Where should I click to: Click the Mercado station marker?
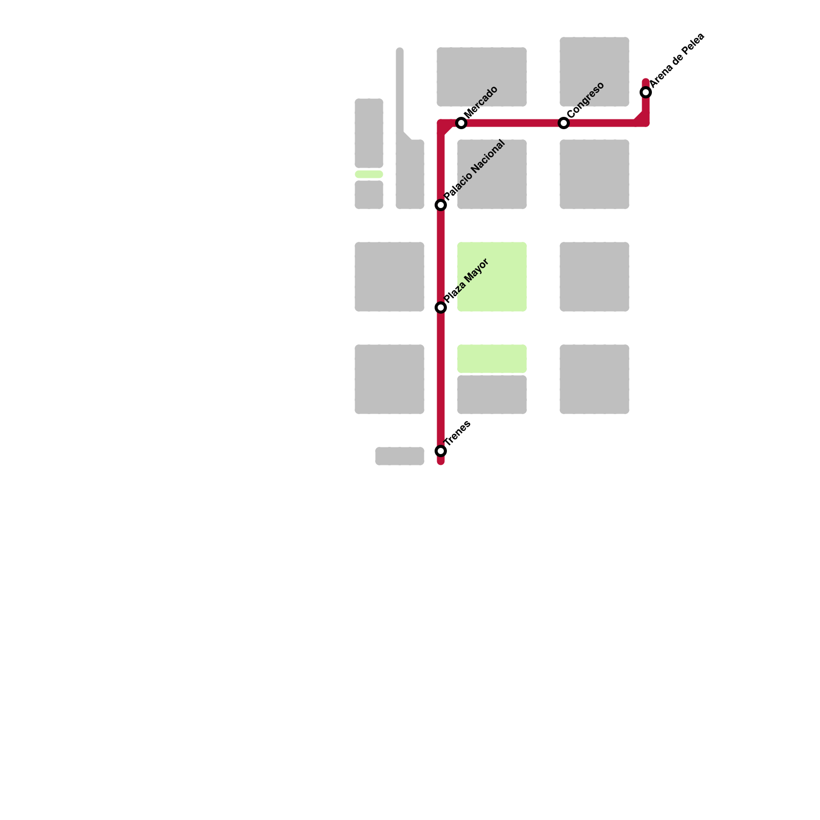pyautogui.click(x=461, y=123)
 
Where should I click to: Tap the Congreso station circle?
pyautogui.click(x=564, y=123)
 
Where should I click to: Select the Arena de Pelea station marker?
pyautogui.click(x=646, y=92)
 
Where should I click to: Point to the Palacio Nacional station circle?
pyautogui.click(x=441, y=205)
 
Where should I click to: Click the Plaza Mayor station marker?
pyautogui.click(x=441, y=307)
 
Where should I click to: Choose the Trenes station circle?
pyautogui.click(x=441, y=451)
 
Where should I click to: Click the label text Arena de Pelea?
pyautogui.click(x=678, y=59)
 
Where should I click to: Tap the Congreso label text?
pyautogui.click(x=586, y=99)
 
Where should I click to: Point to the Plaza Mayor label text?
pyautogui.click(x=466, y=281)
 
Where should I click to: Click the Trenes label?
pyautogui.click(x=457, y=433)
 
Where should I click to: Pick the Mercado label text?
pyautogui.click(x=481, y=102)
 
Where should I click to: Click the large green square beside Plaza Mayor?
pyautogui.click(x=492, y=277)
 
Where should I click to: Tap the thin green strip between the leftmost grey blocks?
pyautogui.click(x=369, y=174)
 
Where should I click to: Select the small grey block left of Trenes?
pyautogui.click(x=400, y=456)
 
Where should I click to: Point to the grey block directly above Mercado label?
pyautogui.click(x=482, y=72)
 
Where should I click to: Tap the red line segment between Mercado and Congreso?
pyautogui.click(x=512, y=123)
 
